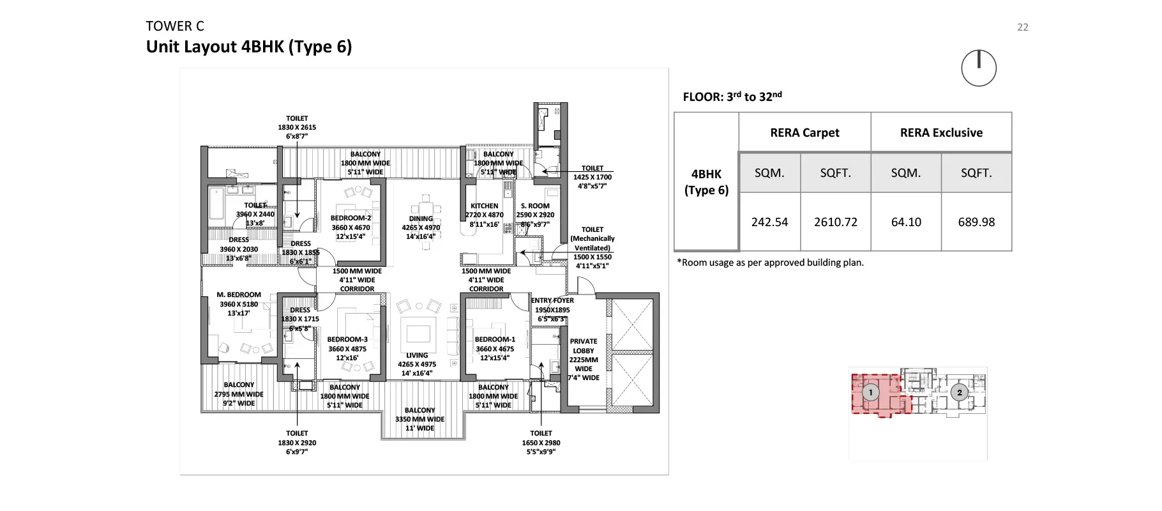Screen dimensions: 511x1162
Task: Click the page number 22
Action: click(x=1022, y=27)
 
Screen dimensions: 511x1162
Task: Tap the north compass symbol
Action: click(x=978, y=68)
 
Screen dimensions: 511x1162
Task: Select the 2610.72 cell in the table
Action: click(x=835, y=222)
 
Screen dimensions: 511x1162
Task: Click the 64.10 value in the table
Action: click(x=906, y=222)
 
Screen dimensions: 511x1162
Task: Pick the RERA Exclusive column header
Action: click(x=941, y=133)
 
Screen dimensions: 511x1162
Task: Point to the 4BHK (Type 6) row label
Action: click(x=706, y=182)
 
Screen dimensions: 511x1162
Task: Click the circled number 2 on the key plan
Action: click(x=959, y=393)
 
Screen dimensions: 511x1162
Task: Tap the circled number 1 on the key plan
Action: click(x=870, y=393)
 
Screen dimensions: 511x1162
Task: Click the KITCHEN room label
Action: click(x=484, y=206)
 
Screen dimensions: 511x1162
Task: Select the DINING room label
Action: click(x=421, y=218)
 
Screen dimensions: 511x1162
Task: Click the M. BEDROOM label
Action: click(x=239, y=295)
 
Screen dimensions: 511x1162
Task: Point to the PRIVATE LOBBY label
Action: click(x=584, y=346)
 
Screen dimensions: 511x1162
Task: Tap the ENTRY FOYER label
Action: click(x=552, y=300)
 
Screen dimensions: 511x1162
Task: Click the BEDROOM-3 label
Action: click(x=347, y=340)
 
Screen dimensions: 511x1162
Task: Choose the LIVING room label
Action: click(x=417, y=355)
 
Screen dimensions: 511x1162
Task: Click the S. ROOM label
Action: click(x=535, y=206)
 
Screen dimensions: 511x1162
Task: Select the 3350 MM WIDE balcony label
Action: click(x=419, y=419)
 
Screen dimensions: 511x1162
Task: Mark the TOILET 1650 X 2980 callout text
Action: click(x=541, y=442)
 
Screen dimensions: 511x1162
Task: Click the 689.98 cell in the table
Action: click(x=976, y=222)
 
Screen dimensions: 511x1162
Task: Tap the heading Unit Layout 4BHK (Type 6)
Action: click(x=249, y=47)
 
